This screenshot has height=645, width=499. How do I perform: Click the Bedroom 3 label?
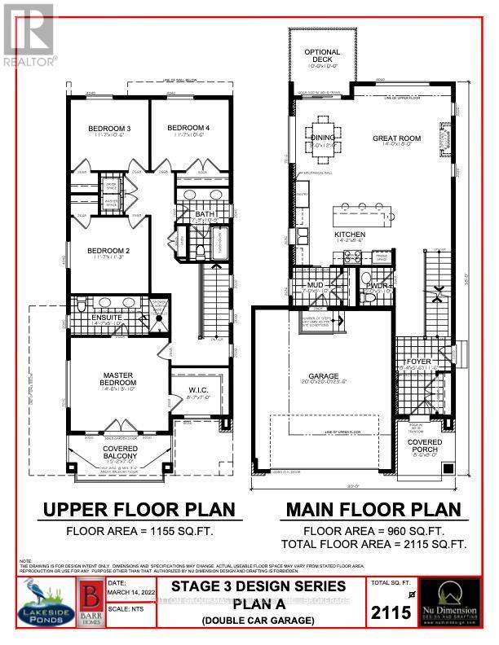pos(110,129)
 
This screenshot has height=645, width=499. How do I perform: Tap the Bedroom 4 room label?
pos(188,128)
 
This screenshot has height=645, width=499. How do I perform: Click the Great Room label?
pos(397,138)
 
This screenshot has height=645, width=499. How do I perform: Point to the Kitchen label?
pos(349,235)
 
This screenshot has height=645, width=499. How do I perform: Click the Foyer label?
pos(419,362)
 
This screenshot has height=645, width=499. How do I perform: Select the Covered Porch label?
pos(424,445)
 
